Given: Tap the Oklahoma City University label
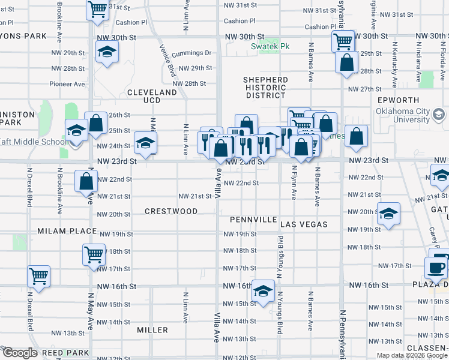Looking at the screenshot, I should (x=403, y=116).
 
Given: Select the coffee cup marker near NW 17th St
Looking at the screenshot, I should (x=436, y=268).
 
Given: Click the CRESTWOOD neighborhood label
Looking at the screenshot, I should (x=171, y=211).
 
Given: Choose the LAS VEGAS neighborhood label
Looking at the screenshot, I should (x=304, y=224).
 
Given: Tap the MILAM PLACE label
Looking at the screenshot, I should (x=67, y=231).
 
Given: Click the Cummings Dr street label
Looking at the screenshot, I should (x=191, y=53).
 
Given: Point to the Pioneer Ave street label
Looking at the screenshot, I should (x=67, y=84).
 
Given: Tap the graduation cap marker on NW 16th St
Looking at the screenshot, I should (x=262, y=290).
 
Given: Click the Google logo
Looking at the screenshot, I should (x=20, y=353).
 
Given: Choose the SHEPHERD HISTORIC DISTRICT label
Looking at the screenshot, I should (x=265, y=88).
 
